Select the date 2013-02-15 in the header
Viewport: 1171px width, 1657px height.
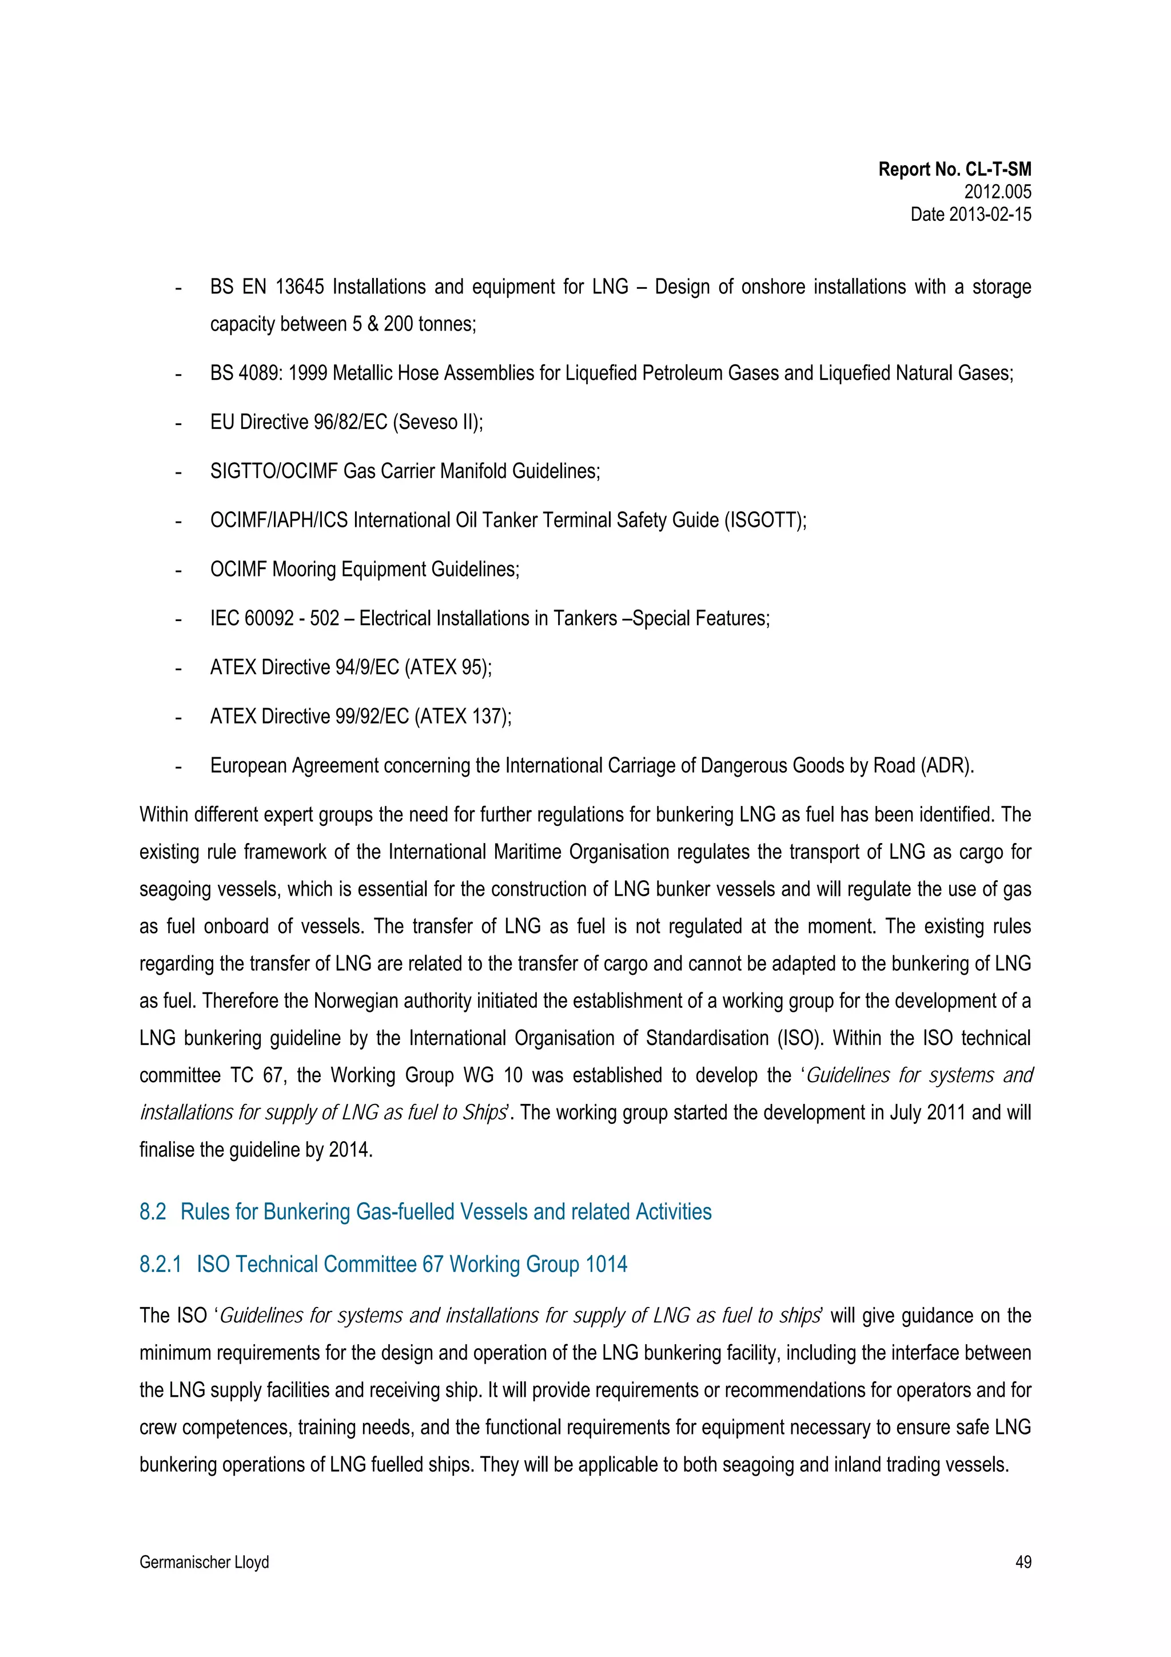coord(990,214)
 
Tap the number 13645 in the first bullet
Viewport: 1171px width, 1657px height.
coord(300,287)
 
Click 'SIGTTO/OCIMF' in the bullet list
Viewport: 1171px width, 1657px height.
coord(273,471)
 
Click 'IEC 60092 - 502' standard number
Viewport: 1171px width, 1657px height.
coord(274,618)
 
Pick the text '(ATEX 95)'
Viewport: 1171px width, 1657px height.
coord(448,667)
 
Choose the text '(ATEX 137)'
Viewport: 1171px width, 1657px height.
coord(463,717)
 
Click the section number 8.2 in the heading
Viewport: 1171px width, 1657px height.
coord(152,1211)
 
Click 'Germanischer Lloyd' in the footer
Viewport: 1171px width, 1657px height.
coord(204,1563)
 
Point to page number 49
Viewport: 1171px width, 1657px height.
coord(1022,1563)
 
